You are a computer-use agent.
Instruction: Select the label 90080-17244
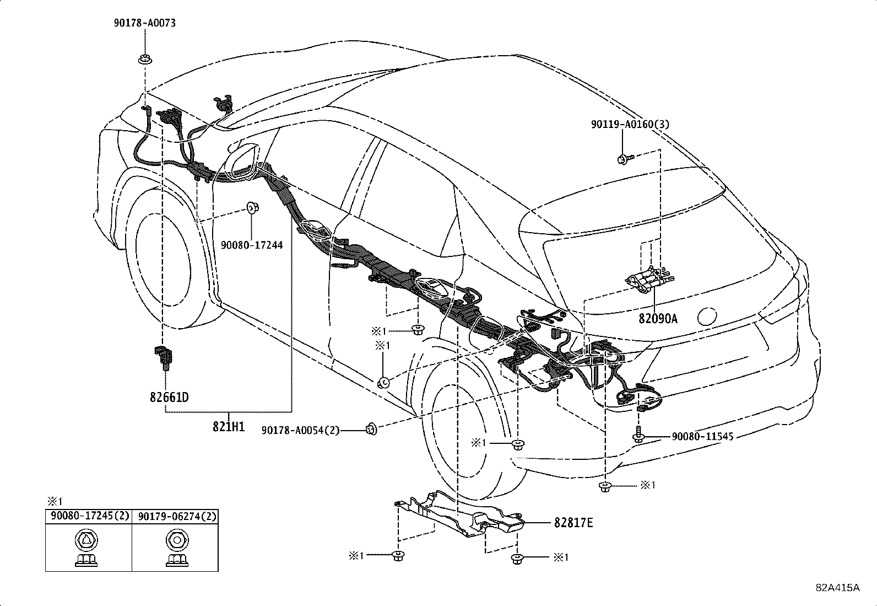252,245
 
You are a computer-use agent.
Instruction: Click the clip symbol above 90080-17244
252,208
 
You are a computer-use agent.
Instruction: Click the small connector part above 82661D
162,354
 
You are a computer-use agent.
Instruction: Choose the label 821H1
229,426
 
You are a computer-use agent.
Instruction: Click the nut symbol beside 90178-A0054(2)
372,428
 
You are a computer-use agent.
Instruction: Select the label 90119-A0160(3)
631,125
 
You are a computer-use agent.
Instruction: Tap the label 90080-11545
702,436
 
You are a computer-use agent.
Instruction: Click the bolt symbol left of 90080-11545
638,435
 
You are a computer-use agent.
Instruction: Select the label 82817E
573,523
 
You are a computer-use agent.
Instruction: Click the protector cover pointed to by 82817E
463,513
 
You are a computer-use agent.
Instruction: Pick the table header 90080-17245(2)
89,517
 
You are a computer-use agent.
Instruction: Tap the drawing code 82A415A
837,587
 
